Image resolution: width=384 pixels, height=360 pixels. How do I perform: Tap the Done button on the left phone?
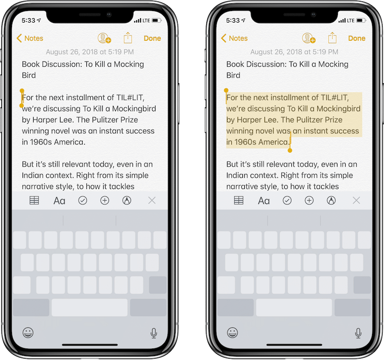[152, 38]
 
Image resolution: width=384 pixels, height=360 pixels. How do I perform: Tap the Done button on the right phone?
[357, 38]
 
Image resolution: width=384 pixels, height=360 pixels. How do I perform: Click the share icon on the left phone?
[128, 38]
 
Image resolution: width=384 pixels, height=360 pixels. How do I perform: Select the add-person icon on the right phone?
[309, 38]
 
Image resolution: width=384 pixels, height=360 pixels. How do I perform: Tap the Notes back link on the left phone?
[30, 38]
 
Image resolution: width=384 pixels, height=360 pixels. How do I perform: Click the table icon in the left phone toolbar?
[34, 200]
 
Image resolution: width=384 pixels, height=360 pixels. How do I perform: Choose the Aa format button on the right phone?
[264, 201]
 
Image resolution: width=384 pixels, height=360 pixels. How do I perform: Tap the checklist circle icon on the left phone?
[83, 200]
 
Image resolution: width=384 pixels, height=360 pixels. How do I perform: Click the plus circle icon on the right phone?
[309, 200]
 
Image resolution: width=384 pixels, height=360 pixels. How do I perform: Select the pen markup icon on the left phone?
[127, 200]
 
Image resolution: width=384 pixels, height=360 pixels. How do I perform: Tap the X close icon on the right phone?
[356, 201]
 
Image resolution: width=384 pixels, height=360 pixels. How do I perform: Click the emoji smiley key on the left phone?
[28, 333]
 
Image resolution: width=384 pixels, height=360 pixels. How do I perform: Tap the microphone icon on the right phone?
[358, 333]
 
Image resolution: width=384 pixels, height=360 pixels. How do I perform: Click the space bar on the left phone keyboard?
[90, 307]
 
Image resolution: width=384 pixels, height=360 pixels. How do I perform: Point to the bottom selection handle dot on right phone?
[290, 150]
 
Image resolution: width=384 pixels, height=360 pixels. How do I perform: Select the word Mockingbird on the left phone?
[134, 109]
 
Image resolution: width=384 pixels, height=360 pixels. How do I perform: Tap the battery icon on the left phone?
[156, 20]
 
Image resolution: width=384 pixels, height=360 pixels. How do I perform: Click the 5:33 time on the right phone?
[233, 20]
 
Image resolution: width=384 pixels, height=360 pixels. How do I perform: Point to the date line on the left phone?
[90, 52]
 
